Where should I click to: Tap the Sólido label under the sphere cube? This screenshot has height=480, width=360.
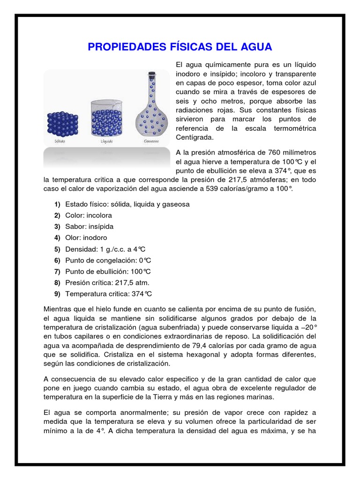[x=59, y=141]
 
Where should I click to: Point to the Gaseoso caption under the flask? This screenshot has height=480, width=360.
[x=151, y=141]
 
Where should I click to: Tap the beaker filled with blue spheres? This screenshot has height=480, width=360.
[x=108, y=120]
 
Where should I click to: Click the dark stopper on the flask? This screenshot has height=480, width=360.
[x=151, y=75]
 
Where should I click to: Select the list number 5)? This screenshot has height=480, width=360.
[x=57, y=249]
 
